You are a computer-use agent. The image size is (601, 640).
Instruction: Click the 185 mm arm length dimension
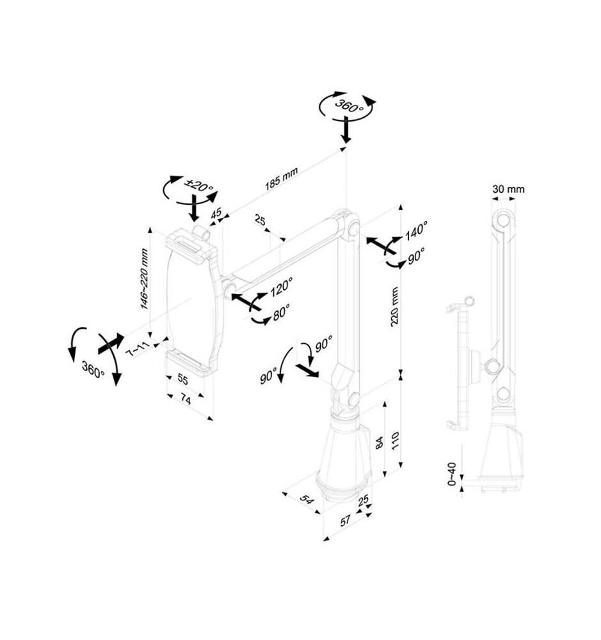tap(282, 179)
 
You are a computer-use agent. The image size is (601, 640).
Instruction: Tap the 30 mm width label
tap(508, 189)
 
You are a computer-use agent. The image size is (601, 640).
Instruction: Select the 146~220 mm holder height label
tap(144, 279)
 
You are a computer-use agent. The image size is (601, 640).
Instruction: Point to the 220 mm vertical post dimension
tap(394, 306)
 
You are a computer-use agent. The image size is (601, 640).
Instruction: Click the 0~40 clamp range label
tap(452, 474)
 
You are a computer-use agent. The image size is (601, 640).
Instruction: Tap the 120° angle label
tap(282, 287)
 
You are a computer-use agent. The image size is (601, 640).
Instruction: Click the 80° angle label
tap(282, 312)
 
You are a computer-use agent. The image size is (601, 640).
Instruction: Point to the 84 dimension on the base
tap(380, 442)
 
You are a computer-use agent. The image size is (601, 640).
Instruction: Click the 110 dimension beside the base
tap(395, 440)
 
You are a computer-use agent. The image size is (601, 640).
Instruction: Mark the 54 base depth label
tap(307, 499)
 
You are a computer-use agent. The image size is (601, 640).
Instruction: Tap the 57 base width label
tap(346, 521)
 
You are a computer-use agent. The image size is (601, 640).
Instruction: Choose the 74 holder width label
tap(186, 401)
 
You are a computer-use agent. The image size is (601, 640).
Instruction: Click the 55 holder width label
tap(182, 380)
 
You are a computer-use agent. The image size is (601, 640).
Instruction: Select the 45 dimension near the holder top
tap(216, 213)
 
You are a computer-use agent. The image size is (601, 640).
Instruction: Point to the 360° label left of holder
tap(93, 369)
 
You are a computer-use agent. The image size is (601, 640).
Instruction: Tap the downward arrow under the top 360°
tap(346, 130)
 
